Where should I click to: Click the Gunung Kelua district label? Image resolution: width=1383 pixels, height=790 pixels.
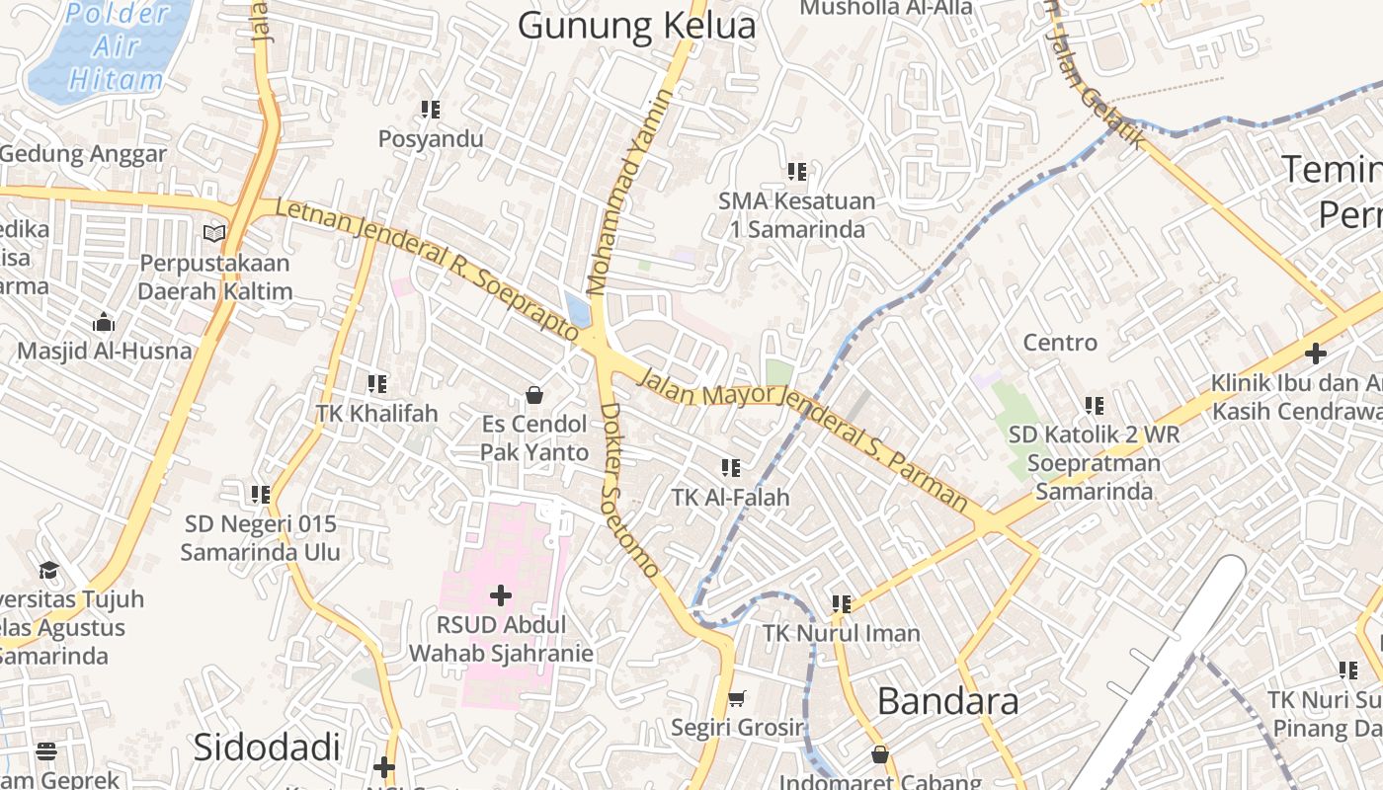[x=636, y=27]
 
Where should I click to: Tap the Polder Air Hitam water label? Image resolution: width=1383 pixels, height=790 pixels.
[x=115, y=47]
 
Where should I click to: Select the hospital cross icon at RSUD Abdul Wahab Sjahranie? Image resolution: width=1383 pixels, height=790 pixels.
[x=501, y=594]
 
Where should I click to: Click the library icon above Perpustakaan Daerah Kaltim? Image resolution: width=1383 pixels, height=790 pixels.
[x=214, y=234]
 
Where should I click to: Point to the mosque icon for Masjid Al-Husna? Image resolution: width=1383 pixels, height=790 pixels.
[x=104, y=323]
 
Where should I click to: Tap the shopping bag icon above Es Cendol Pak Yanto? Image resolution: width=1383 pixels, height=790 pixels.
[x=534, y=395]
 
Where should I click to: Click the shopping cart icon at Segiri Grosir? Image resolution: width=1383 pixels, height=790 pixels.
[x=736, y=699]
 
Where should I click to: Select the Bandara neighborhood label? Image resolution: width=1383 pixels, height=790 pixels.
[x=947, y=701]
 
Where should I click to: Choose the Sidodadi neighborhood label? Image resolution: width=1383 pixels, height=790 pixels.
[x=267, y=747]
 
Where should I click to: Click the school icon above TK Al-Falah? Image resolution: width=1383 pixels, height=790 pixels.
[x=730, y=468]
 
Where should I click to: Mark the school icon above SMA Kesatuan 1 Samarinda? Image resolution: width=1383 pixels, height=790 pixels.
[x=796, y=172]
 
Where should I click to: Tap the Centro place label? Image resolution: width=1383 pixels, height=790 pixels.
[x=1060, y=343]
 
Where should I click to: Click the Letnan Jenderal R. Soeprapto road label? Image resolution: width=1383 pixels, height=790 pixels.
[x=427, y=269]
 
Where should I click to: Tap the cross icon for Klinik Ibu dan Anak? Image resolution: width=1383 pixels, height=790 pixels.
[x=1315, y=353]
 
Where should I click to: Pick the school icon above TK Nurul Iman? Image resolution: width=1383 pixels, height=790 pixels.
[x=841, y=603]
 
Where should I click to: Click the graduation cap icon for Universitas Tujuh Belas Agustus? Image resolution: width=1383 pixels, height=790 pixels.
[x=48, y=570]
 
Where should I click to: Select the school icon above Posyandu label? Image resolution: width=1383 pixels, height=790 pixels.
[x=430, y=110]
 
